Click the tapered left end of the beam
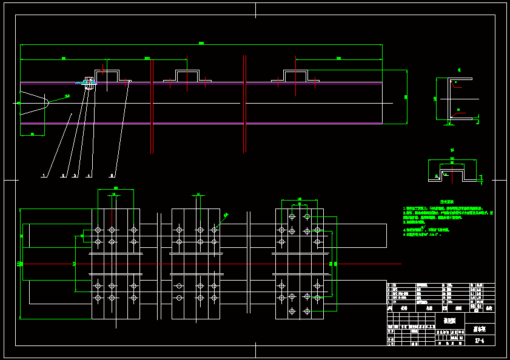33,103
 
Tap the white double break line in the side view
244,103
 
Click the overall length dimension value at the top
201,42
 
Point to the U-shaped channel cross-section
454,99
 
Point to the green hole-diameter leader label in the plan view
226,214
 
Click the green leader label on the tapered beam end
67,95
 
